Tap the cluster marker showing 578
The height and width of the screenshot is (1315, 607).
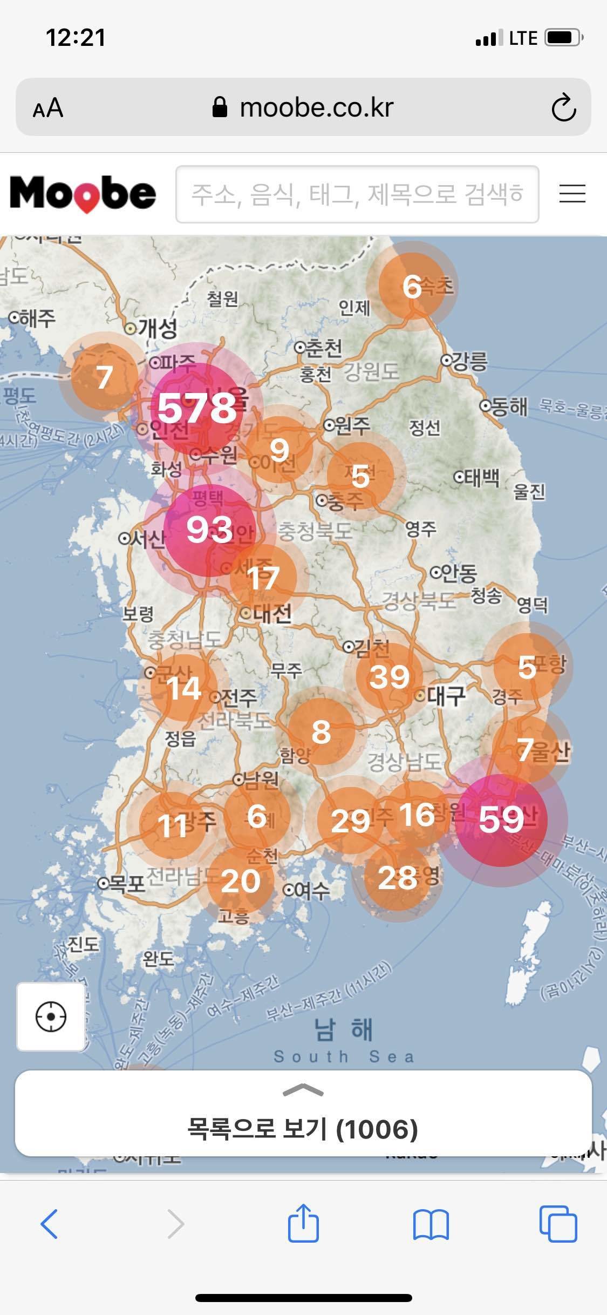click(197, 408)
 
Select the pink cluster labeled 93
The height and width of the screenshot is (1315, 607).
click(209, 530)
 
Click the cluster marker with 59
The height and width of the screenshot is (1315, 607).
click(501, 819)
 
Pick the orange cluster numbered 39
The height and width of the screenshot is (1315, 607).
click(389, 677)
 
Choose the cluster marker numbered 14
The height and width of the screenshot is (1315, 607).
click(183, 688)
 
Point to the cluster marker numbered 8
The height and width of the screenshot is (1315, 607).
click(321, 732)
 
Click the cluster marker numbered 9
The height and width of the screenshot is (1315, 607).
click(279, 450)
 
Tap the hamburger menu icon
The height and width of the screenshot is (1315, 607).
click(572, 194)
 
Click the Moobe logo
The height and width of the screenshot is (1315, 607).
click(83, 194)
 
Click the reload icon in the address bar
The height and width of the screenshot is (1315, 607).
click(563, 107)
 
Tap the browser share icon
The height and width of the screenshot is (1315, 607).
click(303, 1223)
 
